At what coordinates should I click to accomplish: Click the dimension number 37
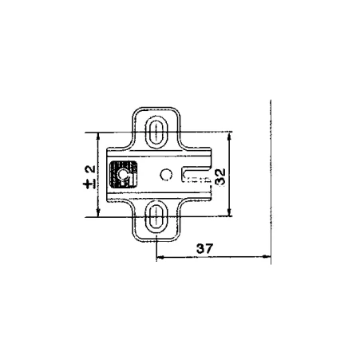(x=205, y=248)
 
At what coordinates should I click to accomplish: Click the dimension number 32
(x=220, y=177)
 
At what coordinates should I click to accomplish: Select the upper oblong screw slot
(x=156, y=133)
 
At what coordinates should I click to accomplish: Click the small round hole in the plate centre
(x=166, y=175)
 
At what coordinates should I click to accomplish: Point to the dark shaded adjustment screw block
(x=124, y=175)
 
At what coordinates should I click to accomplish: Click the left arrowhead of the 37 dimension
(x=160, y=257)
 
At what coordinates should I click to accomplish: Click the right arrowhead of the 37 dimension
(x=267, y=257)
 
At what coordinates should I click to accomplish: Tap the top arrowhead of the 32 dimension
(x=229, y=136)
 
